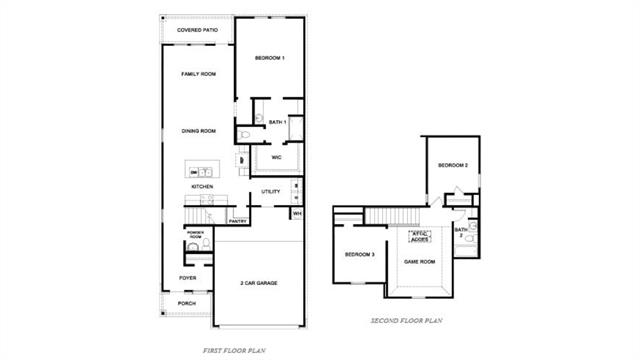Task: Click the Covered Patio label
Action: [198, 31]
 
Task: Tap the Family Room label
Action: [198, 75]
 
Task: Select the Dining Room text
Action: [198, 131]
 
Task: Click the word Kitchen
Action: [202, 187]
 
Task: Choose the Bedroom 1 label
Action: [270, 58]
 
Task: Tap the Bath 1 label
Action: [277, 122]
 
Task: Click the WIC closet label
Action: [276, 156]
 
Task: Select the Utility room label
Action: [270, 192]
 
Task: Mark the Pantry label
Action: [238, 221]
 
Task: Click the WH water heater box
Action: [297, 213]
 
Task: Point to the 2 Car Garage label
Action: [259, 283]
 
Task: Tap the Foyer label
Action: [187, 277]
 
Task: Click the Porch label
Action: [187, 302]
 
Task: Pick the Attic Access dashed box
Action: [419, 238]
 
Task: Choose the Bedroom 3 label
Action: [360, 255]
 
